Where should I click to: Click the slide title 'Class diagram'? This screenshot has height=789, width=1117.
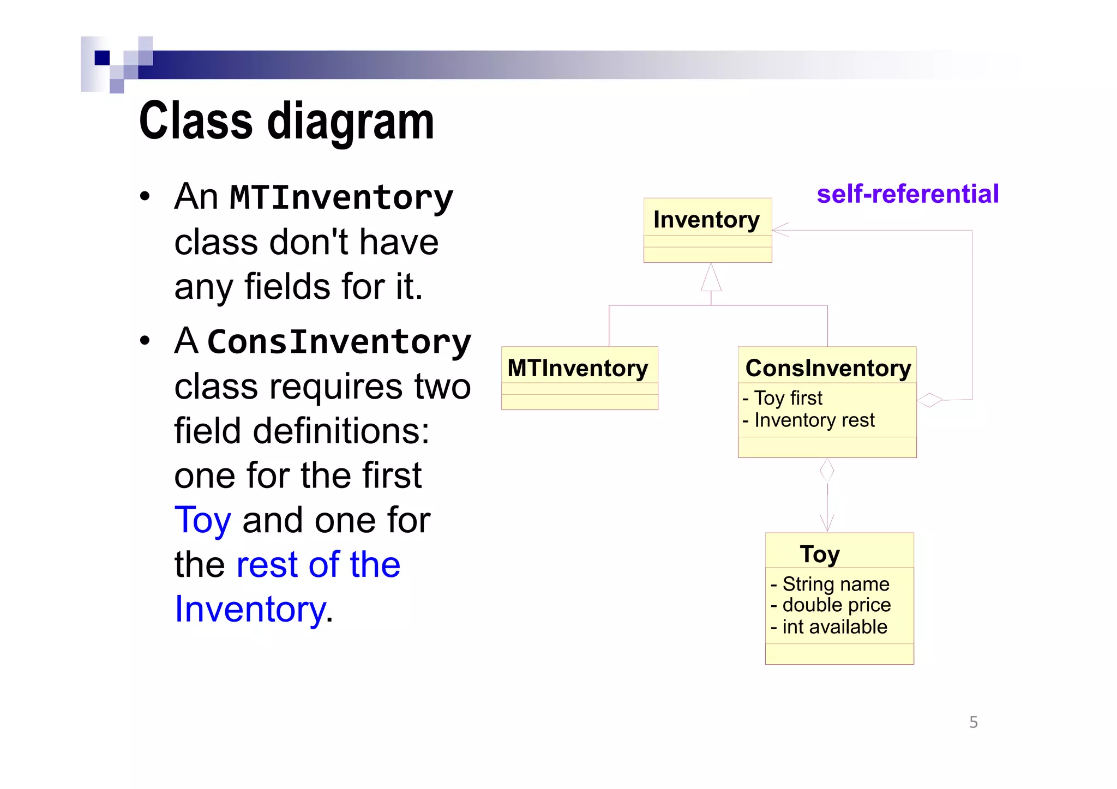click(286, 121)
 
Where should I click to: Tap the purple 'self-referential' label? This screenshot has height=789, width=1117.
click(908, 194)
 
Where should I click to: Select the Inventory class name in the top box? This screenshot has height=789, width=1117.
click(706, 220)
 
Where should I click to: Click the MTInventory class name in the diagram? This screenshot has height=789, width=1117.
click(578, 368)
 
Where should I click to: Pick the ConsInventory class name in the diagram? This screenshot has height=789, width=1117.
click(828, 368)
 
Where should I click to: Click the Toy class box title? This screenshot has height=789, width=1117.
click(820, 554)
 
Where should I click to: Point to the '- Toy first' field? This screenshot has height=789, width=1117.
click(783, 398)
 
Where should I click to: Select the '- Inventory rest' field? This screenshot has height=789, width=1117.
click(809, 420)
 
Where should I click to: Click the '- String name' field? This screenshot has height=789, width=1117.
click(830, 584)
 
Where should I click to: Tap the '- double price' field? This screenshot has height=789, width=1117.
click(831, 605)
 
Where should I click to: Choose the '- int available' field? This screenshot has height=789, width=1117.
click(829, 627)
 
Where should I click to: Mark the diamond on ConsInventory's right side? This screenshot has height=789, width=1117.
click(930, 400)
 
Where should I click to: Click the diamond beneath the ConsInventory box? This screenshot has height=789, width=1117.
click(827, 471)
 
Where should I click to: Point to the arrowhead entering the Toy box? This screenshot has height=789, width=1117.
click(827, 524)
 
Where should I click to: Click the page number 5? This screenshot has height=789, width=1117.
click(974, 722)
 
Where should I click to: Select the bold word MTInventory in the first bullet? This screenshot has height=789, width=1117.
click(341, 197)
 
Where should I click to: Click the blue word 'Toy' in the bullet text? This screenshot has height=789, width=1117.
click(203, 520)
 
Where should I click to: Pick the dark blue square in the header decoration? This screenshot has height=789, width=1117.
click(102, 58)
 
